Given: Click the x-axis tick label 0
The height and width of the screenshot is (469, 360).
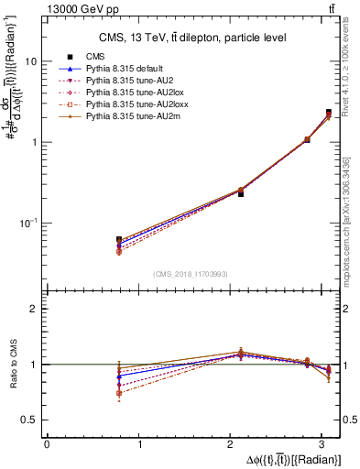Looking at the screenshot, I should [x=47, y=444].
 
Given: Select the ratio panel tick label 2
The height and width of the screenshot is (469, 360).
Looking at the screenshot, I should [x=33, y=309].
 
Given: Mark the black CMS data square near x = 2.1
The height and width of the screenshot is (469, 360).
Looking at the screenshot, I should [x=241, y=193].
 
